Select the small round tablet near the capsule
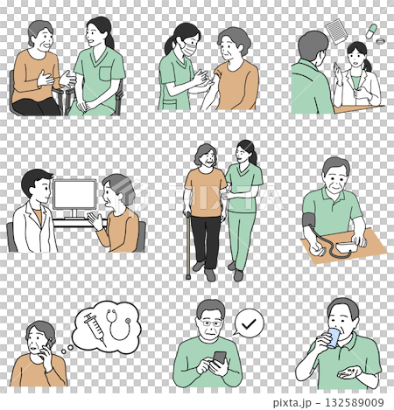pos(378,43)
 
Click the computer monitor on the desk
pos(74,197)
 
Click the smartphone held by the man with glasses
pos(219,359)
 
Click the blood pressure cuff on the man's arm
pos(310,222)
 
